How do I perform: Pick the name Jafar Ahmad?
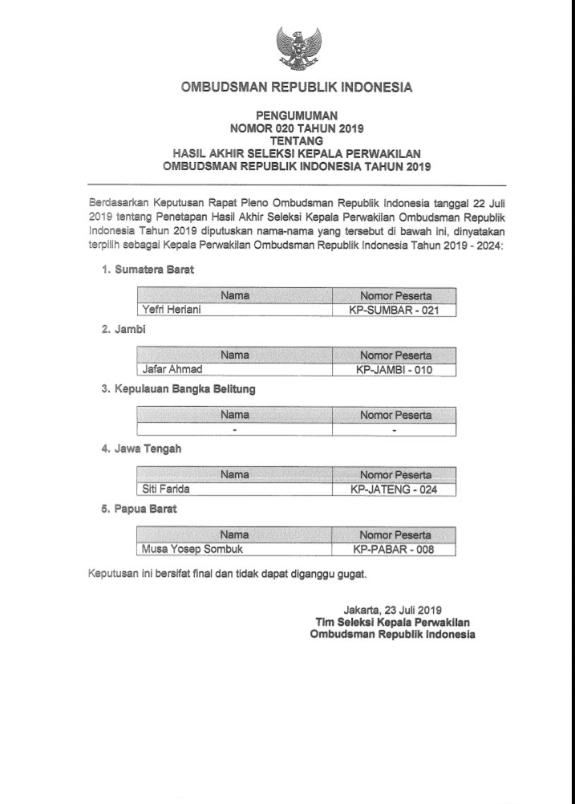[170, 369]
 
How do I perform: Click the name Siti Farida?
[168, 489]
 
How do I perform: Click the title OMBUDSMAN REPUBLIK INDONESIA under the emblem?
[297, 86]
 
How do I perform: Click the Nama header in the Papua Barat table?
[235, 534]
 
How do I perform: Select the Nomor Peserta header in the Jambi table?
[395, 354]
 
